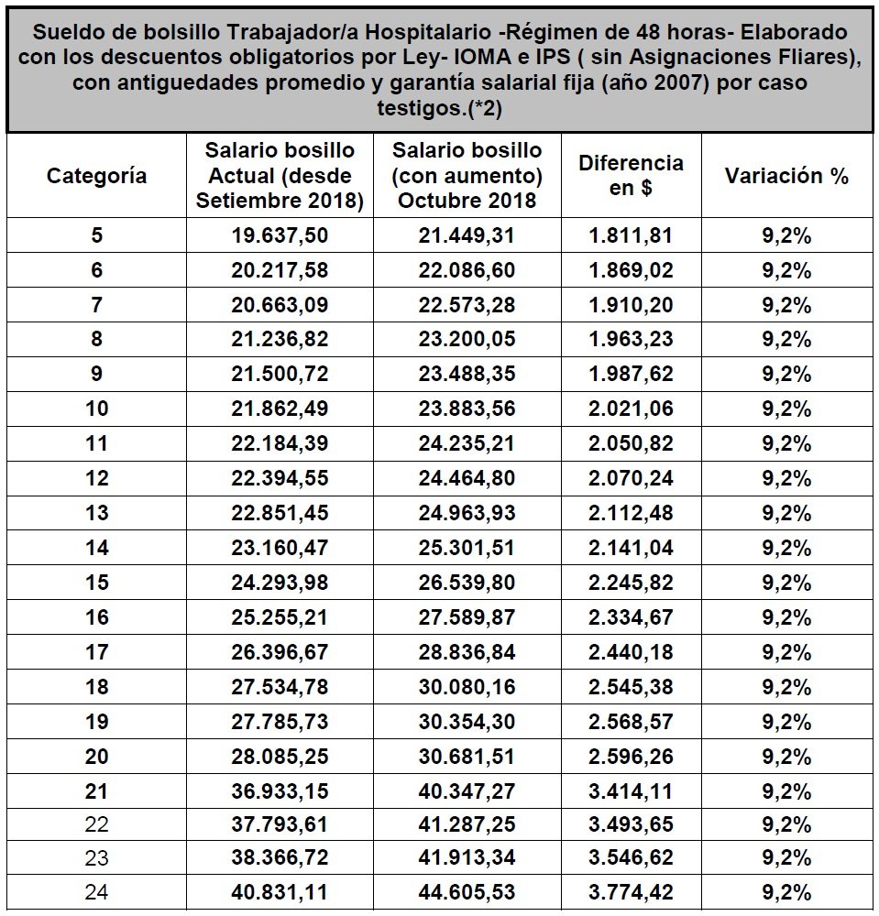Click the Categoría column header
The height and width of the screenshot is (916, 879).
pyautogui.click(x=96, y=176)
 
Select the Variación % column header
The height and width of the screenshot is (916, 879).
pyautogui.click(x=786, y=176)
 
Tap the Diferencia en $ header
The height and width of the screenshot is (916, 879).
pyautogui.click(x=631, y=176)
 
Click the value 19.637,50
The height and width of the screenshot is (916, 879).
pyautogui.click(x=280, y=235)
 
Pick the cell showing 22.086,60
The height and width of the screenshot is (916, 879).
pyautogui.click(x=467, y=270)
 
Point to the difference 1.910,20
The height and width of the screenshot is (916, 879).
pyautogui.click(x=631, y=305)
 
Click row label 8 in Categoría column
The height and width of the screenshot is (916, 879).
pyautogui.click(x=96, y=340)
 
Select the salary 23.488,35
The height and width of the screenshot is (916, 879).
pyautogui.click(x=467, y=374)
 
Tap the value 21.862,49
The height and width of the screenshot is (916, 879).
pyautogui.click(x=280, y=409)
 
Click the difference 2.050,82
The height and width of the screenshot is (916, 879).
pyautogui.click(x=631, y=443)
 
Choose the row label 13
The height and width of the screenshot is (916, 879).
pyautogui.click(x=96, y=513)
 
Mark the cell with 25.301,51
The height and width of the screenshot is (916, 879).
pyautogui.click(x=467, y=548)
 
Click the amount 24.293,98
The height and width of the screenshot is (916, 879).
pyautogui.click(x=280, y=583)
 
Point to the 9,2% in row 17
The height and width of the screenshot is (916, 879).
pyautogui.click(x=786, y=652)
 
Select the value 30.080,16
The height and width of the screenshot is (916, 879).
pyautogui.click(x=467, y=687)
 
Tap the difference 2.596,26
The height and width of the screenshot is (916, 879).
pyautogui.click(x=631, y=757)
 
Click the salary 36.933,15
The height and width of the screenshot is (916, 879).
pyautogui.click(x=280, y=791)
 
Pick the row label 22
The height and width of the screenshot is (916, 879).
pyautogui.click(x=96, y=825)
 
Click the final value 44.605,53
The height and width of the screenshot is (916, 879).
pyautogui.click(x=467, y=893)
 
